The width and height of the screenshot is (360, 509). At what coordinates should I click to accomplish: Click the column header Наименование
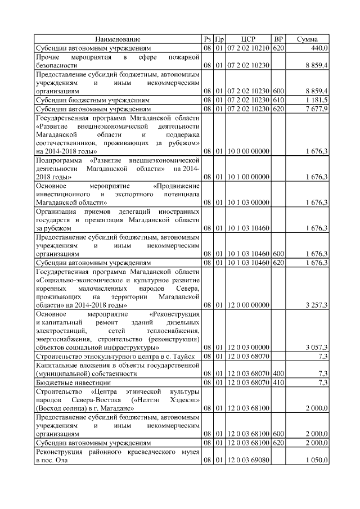click(118, 39)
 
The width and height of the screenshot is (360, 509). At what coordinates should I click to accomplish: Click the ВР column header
click(278, 39)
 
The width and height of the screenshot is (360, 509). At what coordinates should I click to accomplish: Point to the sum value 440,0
click(319, 48)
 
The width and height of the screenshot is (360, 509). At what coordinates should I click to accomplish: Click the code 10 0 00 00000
click(248, 151)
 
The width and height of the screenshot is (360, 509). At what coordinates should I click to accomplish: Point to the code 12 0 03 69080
click(248, 461)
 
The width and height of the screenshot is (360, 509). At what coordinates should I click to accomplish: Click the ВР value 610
click(278, 100)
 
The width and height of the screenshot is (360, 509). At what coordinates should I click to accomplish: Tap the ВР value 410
click(278, 382)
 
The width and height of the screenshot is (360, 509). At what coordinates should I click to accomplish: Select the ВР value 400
click(278, 373)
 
